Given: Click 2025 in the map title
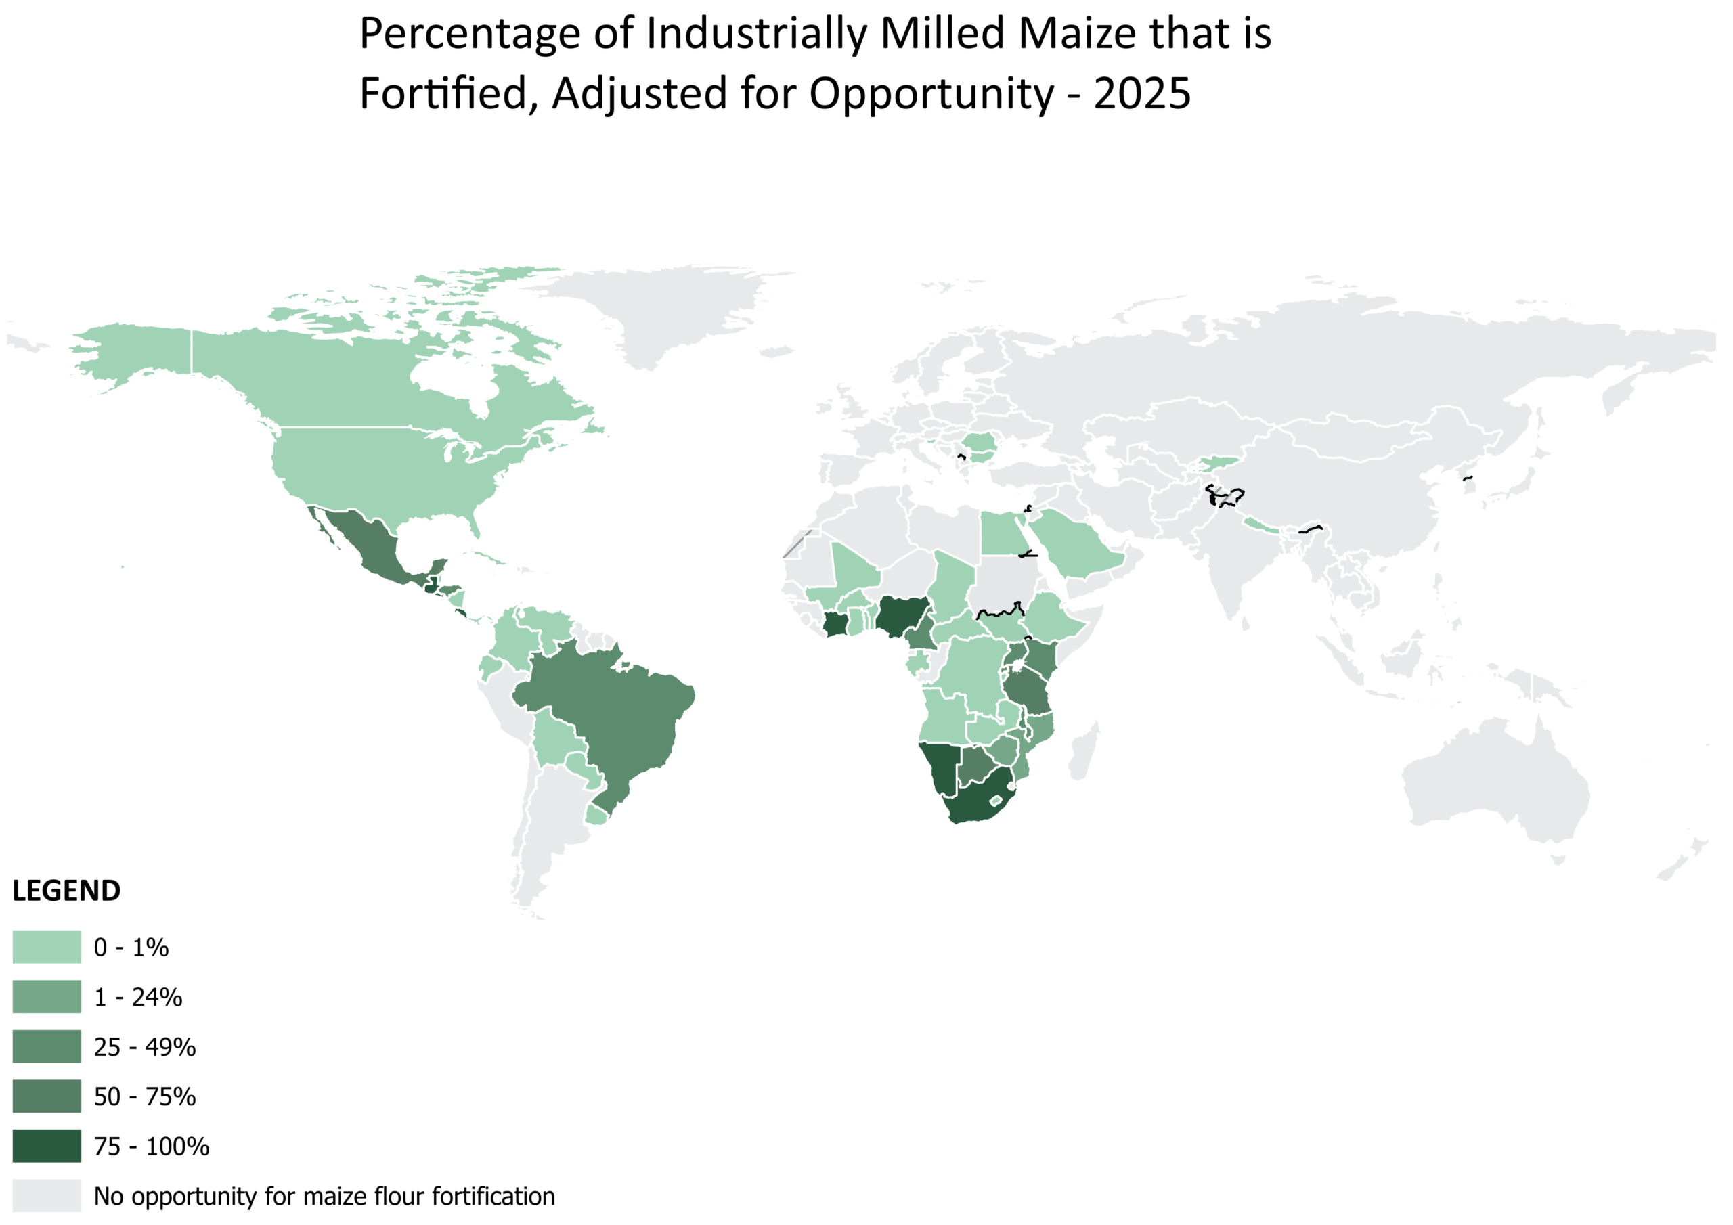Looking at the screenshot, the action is [x=1142, y=94].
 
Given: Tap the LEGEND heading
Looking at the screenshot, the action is [x=66, y=891].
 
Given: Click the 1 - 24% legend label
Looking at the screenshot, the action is [x=138, y=998].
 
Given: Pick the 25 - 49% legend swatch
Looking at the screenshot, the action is [x=47, y=1047].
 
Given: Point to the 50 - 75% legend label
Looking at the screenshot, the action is [x=145, y=1096].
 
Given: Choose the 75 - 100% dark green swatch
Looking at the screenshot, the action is [x=47, y=1146].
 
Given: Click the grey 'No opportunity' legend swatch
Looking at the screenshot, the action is [x=47, y=1197].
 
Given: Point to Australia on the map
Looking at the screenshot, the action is [x=1495, y=785].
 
